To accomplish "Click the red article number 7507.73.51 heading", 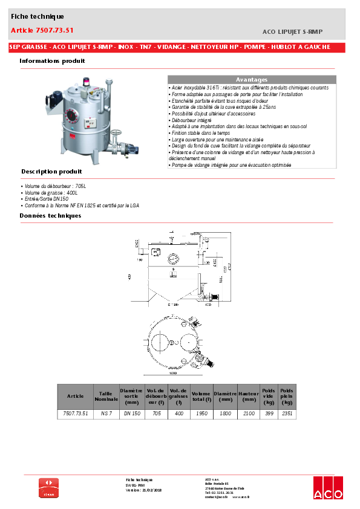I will coord(42,30).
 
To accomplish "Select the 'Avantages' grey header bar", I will coord(251,80).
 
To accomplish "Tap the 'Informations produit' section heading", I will coord(52,61).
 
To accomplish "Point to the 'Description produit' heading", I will coord(51,171).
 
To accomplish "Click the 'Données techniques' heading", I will coord(50,215).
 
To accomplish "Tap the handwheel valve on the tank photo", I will coord(119,134).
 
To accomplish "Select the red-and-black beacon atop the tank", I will coord(85,80).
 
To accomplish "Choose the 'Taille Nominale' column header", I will coord(106,396).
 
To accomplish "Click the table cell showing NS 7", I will coord(106,414).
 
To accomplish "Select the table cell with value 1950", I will coord(201,414).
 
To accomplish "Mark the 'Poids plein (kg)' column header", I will coord(287,396).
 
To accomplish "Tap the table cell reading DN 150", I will coord(132,414).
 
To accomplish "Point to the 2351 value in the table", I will coord(287,414).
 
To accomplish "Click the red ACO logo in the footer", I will coord(327,488).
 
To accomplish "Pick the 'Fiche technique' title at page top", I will coord(37,16).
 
